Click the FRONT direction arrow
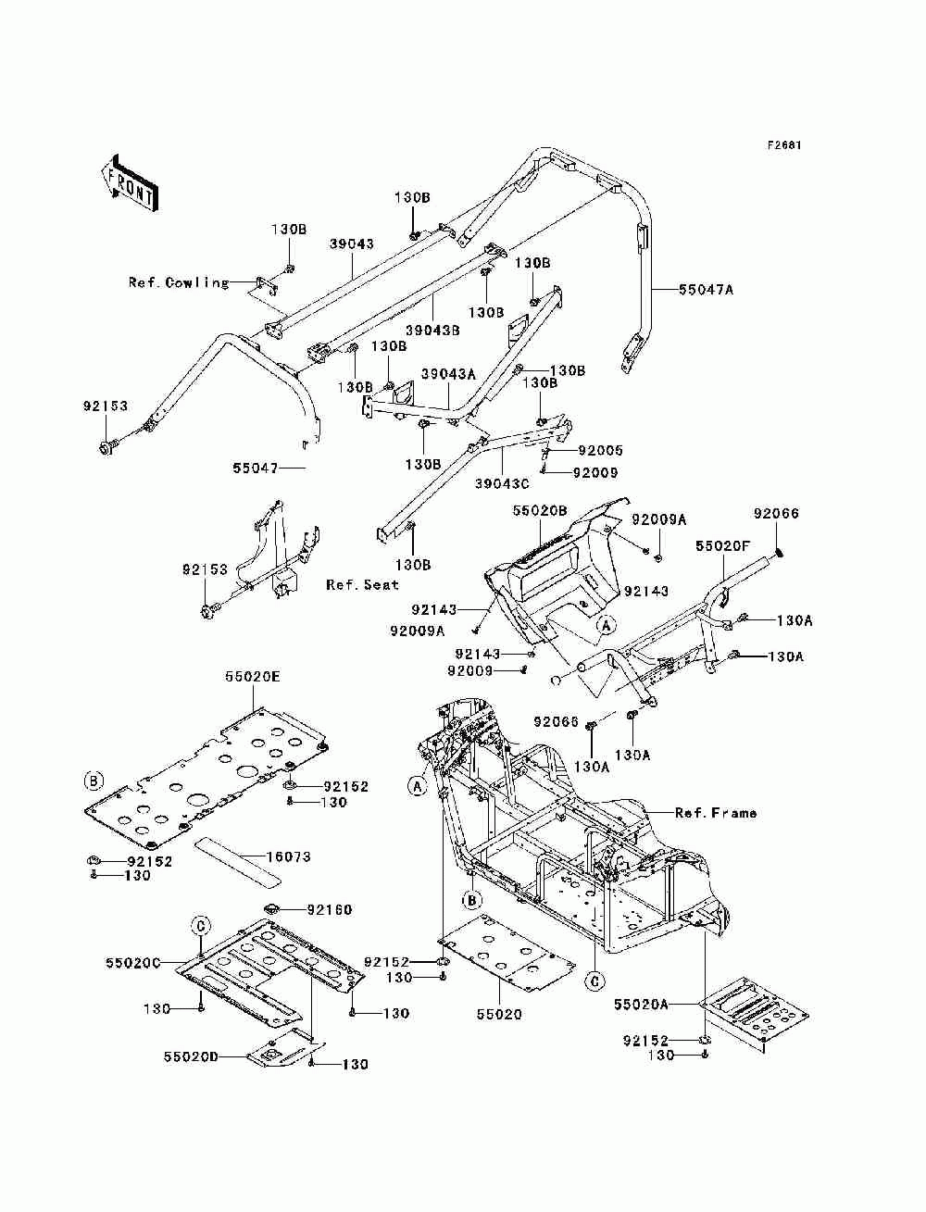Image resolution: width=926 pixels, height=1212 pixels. [x=130, y=183]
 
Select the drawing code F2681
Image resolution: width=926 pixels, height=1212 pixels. [x=783, y=145]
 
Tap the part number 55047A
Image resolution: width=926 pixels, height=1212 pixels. [x=706, y=289]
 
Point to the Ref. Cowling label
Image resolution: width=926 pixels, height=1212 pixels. [x=179, y=282]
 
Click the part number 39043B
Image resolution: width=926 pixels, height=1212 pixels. [x=433, y=331]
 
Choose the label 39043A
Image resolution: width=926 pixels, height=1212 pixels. [x=448, y=374]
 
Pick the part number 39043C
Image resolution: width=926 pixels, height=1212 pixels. [x=502, y=483]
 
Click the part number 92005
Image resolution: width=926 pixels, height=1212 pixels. [x=601, y=451]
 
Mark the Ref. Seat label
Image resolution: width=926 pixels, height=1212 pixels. [x=362, y=585]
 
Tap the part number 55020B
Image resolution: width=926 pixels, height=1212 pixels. [x=540, y=510]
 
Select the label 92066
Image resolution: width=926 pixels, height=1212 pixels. [x=776, y=514]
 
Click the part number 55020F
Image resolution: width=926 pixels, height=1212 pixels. [x=723, y=546]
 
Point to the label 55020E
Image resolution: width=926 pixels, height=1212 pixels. [x=253, y=677]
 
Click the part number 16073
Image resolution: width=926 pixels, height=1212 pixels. [x=289, y=857]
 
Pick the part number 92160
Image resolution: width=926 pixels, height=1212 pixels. [x=330, y=909]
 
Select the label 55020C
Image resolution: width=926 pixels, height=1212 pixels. [x=133, y=964]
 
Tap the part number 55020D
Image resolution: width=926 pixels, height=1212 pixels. [x=191, y=1056]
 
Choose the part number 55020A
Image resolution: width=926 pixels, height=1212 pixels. [x=641, y=1005]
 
